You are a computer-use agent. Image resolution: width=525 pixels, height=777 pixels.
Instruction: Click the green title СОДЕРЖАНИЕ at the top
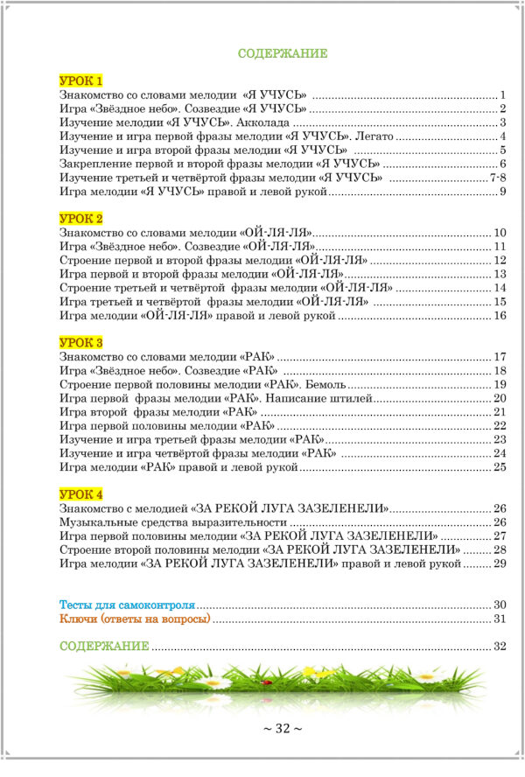tap(283, 53)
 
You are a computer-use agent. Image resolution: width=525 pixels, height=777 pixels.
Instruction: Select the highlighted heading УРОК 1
tap(81, 80)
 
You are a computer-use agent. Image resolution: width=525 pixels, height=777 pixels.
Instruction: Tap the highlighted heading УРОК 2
tap(81, 217)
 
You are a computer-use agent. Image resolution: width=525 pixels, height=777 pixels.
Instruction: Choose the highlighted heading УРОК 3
tap(81, 341)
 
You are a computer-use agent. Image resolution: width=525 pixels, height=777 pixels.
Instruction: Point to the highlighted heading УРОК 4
tap(81, 494)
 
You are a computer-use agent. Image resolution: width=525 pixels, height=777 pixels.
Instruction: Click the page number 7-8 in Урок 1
tap(498, 178)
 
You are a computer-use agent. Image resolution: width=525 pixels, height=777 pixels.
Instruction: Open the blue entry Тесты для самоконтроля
tap(127, 605)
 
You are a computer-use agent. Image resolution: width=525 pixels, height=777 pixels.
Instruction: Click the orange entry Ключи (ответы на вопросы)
tap(136, 619)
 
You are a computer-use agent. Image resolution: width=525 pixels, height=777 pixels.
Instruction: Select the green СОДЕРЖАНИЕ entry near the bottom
tap(104, 647)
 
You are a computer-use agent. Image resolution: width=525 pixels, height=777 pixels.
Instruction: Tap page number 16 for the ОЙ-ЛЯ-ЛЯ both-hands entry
tap(500, 315)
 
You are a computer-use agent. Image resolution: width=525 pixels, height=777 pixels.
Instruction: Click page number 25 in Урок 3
tap(500, 467)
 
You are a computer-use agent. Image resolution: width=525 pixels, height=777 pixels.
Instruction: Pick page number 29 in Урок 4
tap(500, 563)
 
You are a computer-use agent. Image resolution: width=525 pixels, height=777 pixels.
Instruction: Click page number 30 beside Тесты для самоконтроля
tap(500, 605)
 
